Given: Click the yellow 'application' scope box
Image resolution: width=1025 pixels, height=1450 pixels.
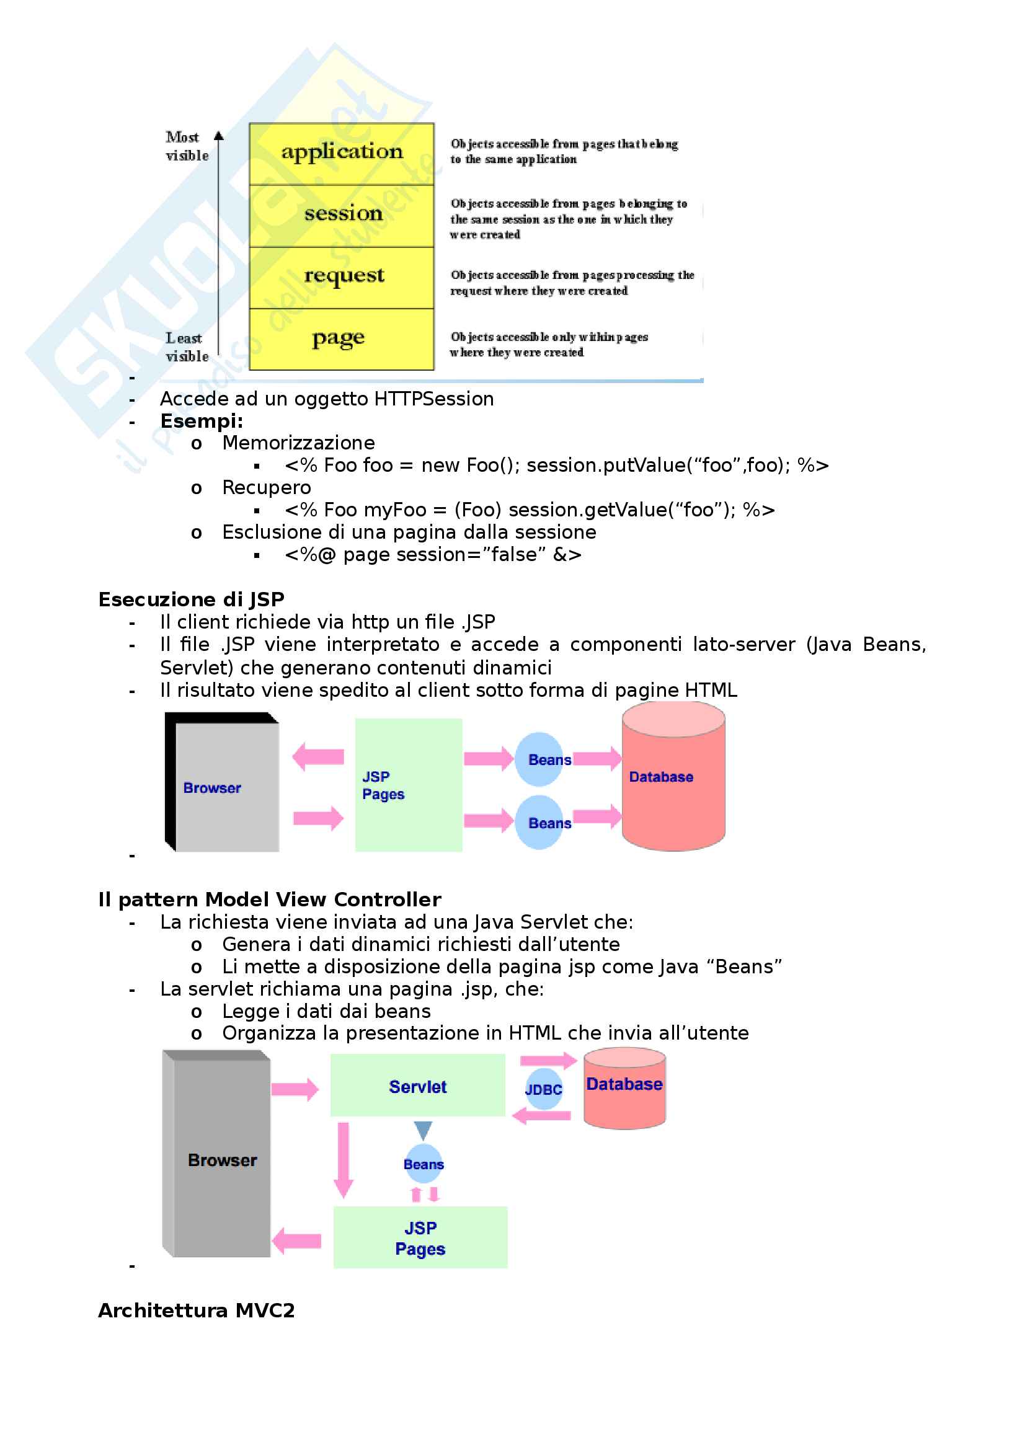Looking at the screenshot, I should tap(342, 154).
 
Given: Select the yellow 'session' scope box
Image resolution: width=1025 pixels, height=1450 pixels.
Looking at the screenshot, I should tap(342, 215).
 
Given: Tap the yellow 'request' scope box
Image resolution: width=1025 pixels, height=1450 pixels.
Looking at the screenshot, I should tap(342, 277).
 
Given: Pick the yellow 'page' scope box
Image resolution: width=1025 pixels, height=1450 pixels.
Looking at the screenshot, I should tap(342, 339).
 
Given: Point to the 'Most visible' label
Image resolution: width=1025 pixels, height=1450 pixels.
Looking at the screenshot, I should tap(186, 146).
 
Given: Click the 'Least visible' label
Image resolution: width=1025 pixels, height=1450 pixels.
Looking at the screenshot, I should tap(186, 347).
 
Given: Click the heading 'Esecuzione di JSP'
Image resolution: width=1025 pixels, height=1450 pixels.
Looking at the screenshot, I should tap(192, 599).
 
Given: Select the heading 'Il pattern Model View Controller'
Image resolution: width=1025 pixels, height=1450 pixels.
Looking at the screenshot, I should tap(270, 899).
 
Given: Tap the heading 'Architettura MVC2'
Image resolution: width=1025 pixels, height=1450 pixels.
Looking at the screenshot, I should tap(197, 1310).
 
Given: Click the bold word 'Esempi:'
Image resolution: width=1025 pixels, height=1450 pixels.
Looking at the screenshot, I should tap(202, 420).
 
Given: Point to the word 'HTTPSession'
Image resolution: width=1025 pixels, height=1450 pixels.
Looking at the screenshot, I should tap(434, 399).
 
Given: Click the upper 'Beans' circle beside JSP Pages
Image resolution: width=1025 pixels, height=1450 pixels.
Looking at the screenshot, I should tap(541, 759).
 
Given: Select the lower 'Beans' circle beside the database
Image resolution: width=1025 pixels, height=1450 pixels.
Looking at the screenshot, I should tap(541, 822).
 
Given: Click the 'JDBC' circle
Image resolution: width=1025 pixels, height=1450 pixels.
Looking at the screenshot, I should tap(544, 1089).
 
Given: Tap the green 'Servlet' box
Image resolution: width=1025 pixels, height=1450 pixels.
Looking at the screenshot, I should tap(417, 1085).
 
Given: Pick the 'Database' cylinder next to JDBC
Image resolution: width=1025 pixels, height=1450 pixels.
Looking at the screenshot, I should tap(624, 1087).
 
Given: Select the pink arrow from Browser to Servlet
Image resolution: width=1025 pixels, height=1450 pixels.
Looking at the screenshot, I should tap(295, 1089).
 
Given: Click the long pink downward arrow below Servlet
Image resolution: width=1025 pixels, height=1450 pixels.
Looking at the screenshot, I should tap(344, 1159).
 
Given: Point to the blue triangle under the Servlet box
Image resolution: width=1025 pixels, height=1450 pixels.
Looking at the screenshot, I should tap(423, 1129).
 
